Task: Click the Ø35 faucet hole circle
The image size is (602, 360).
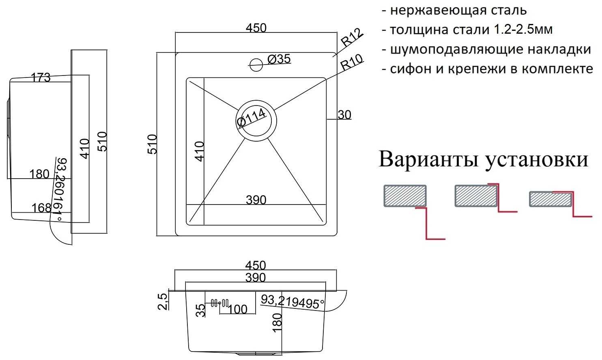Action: (x=256, y=64)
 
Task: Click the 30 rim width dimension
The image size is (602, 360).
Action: (x=344, y=115)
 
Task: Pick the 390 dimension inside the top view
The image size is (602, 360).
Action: (x=256, y=200)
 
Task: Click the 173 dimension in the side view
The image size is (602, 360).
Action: (x=41, y=77)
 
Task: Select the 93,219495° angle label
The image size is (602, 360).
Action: (x=292, y=301)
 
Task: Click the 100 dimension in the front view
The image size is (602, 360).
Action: (x=238, y=309)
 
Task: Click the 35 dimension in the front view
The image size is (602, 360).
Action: (x=200, y=310)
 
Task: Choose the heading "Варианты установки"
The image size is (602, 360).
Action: (x=483, y=159)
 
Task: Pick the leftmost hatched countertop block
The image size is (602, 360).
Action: (x=405, y=196)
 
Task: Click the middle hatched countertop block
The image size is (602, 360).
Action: (x=476, y=196)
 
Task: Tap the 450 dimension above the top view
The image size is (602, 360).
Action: (x=256, y=28)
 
